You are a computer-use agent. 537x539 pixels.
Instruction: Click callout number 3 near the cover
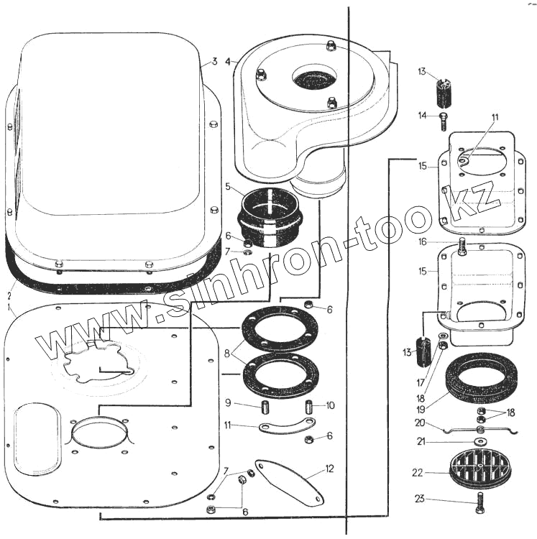click(214, 60)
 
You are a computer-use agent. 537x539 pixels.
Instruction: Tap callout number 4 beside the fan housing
click(228, 61)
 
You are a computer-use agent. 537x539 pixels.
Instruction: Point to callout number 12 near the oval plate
click(329, 469)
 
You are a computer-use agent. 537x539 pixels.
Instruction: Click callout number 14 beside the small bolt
click(423, 115)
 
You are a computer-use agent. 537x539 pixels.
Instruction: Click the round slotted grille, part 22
click(479, 468)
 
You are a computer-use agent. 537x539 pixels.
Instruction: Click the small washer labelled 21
click(479, 441)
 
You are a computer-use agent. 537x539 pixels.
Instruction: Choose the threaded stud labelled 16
click(462, 248)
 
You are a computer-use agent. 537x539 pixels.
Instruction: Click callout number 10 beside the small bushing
click(330, 405)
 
